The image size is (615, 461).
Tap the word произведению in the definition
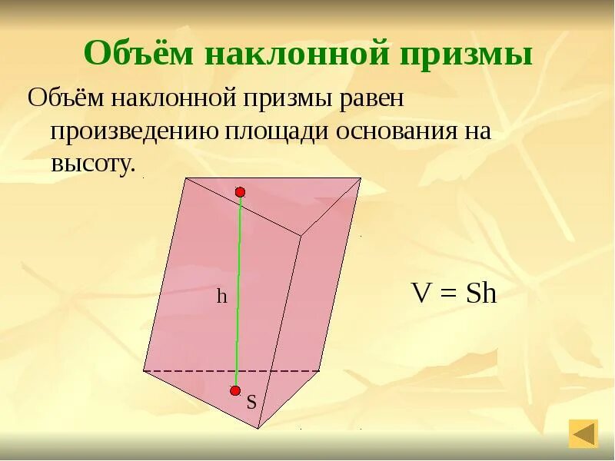pyautogui.click(x=134, y=131)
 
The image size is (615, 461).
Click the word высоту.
pyautogui.click(x=92, y=163)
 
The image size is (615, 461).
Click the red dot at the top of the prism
pyautogui.click(x=240, y=191)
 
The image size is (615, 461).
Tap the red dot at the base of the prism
pyautogui.click(x=235, y=390)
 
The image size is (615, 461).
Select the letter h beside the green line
pyautogui.click(x=221, y=297)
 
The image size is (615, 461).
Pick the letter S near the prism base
pyautogui.click(x=251, y=402)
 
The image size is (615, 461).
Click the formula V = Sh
pyautogui.click(x=454, y=294)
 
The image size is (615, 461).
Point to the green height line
pyautogui.click(x=238, y=292)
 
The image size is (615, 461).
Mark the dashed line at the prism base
pyautogui.click(x=231, y=371)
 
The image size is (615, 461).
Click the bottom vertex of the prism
pyautogui.click(x=258, y=428)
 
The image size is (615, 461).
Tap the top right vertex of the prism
pyautogui.click(x=361, y=179)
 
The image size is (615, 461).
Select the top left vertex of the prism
pyautogui.click(x=185, y=178)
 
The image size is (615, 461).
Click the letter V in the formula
pyautogui.click(x=421, y=294)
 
